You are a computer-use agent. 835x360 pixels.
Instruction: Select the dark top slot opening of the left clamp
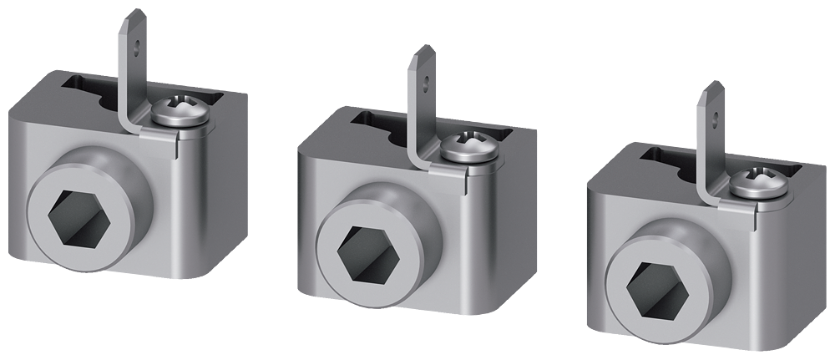(88, 92)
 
